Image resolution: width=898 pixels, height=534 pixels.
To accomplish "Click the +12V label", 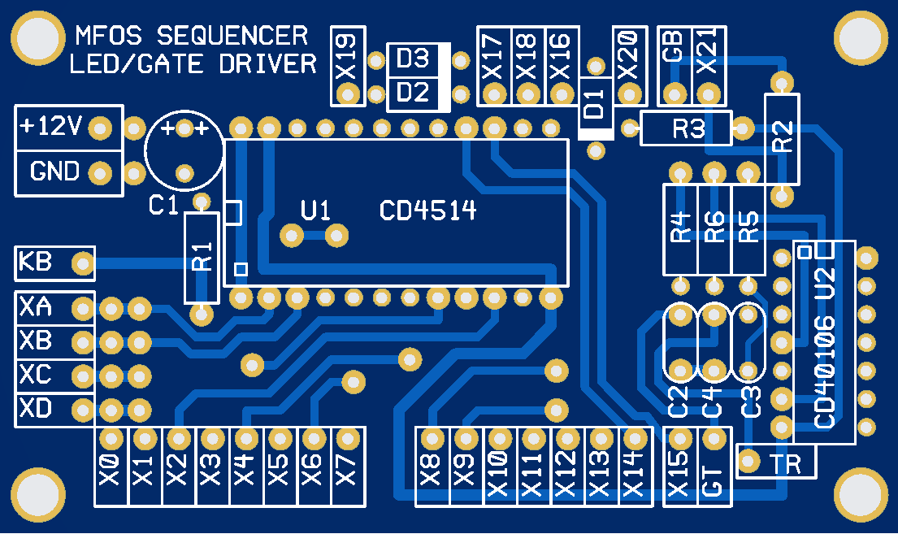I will [50, 127].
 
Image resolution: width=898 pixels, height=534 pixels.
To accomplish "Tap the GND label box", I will [54, 172].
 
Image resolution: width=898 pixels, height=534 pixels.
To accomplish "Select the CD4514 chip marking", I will [427, 211].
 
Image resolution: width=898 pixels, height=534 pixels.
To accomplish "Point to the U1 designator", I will [315, 211].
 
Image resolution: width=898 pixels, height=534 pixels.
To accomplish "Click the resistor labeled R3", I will [687, 128].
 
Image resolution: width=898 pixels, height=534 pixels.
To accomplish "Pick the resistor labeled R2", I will [782, 137].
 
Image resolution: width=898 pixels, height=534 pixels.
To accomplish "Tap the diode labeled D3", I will [413, 59].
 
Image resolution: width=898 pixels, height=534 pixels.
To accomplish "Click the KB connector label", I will [36, 263].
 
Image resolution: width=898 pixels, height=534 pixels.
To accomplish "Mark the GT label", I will [713, 480].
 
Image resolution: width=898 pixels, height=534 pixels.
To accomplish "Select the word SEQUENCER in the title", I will [232, 36].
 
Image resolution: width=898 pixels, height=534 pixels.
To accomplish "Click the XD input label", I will [37, 408].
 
